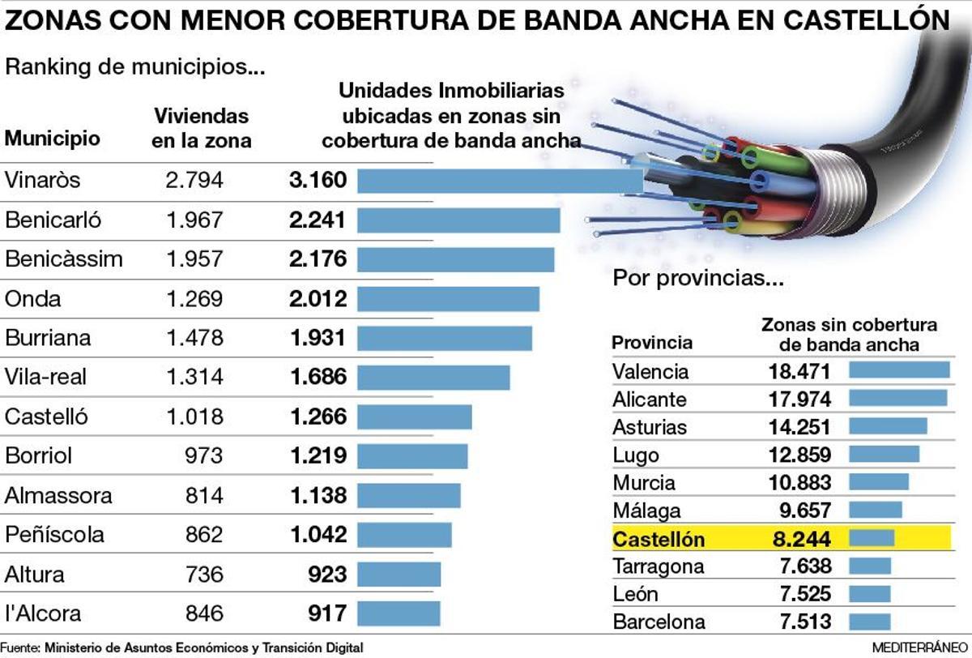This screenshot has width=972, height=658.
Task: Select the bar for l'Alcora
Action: [399, 613]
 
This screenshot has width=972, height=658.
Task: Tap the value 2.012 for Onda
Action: [318, 299]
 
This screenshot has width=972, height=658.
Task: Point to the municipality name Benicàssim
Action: [64, 259]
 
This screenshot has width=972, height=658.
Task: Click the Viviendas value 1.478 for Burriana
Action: [194, 338]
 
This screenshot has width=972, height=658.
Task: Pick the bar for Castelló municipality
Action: [414, 417]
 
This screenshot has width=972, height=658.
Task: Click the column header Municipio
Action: [53, 139]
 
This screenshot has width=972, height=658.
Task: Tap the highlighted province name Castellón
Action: [659, 539]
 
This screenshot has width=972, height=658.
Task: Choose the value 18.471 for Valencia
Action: [799, 372]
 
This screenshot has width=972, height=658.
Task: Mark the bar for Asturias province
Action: [887, 426]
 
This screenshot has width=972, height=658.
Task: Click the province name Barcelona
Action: [659, 622]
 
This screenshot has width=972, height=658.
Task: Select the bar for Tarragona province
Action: [869, 566]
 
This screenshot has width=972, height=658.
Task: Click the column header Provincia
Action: [652, 342]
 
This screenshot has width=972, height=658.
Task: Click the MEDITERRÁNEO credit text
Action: [919, 648]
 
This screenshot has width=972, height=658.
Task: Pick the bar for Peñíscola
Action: [404, 535]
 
